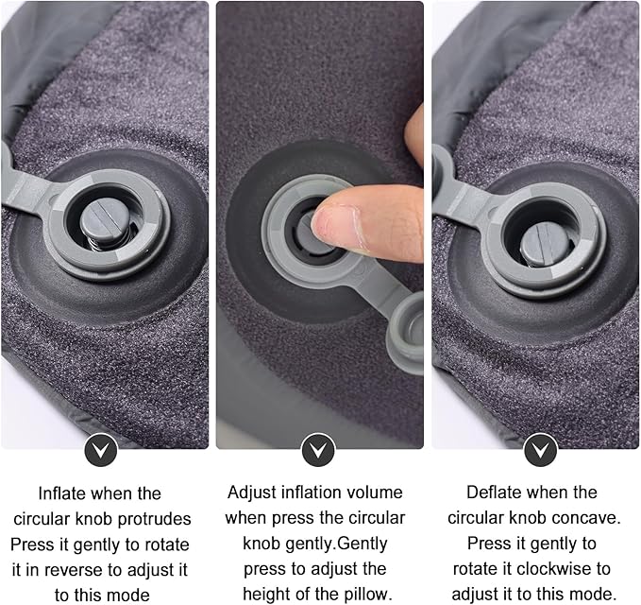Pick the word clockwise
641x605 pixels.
[x=560, y=570]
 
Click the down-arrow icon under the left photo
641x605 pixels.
[x=100, y=448]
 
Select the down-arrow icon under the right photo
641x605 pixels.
[x=539, y=448]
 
